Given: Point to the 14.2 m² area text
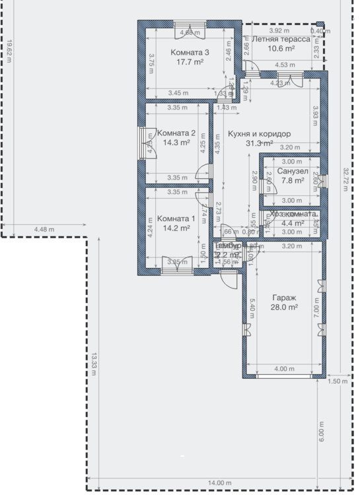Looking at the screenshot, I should point(176,228).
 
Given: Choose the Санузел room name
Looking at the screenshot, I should point(293,170).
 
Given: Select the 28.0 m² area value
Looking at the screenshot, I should point(284,307).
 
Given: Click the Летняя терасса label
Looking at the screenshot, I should point(281,39).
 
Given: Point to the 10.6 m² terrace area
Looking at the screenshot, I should point(281,48).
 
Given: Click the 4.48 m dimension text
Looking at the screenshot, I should point(44,230).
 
